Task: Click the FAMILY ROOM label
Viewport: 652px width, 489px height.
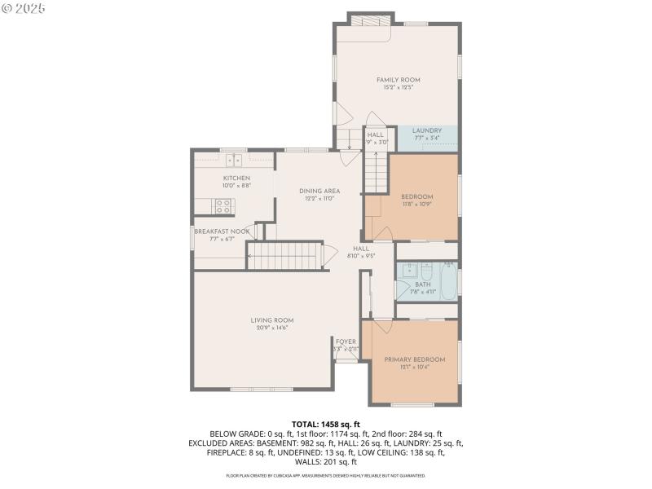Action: pos(398,80)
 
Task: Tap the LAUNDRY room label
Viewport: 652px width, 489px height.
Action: pos(426,130)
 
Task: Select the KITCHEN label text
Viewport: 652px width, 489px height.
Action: pos(236,178)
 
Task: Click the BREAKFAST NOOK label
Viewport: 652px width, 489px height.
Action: pos(221,231)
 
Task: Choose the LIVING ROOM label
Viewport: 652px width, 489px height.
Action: pos(271,320)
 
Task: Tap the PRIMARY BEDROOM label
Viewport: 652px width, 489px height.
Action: pos(415,359)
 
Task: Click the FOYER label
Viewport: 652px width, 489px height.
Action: pos(346,341)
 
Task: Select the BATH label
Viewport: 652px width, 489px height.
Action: pos(423,284)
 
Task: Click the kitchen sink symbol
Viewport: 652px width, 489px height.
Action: pos(235,159)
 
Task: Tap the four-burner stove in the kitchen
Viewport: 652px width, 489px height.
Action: pos(223,205)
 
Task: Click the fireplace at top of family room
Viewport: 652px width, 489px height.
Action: pos(371,20)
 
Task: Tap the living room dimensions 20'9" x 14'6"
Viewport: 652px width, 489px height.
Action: pos(271,328)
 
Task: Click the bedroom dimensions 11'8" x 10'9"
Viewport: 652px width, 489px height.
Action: pos(416,205)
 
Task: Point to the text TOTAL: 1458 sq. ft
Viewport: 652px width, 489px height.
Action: pos(325,425)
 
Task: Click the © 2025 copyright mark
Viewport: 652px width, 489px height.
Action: pos(24,8)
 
